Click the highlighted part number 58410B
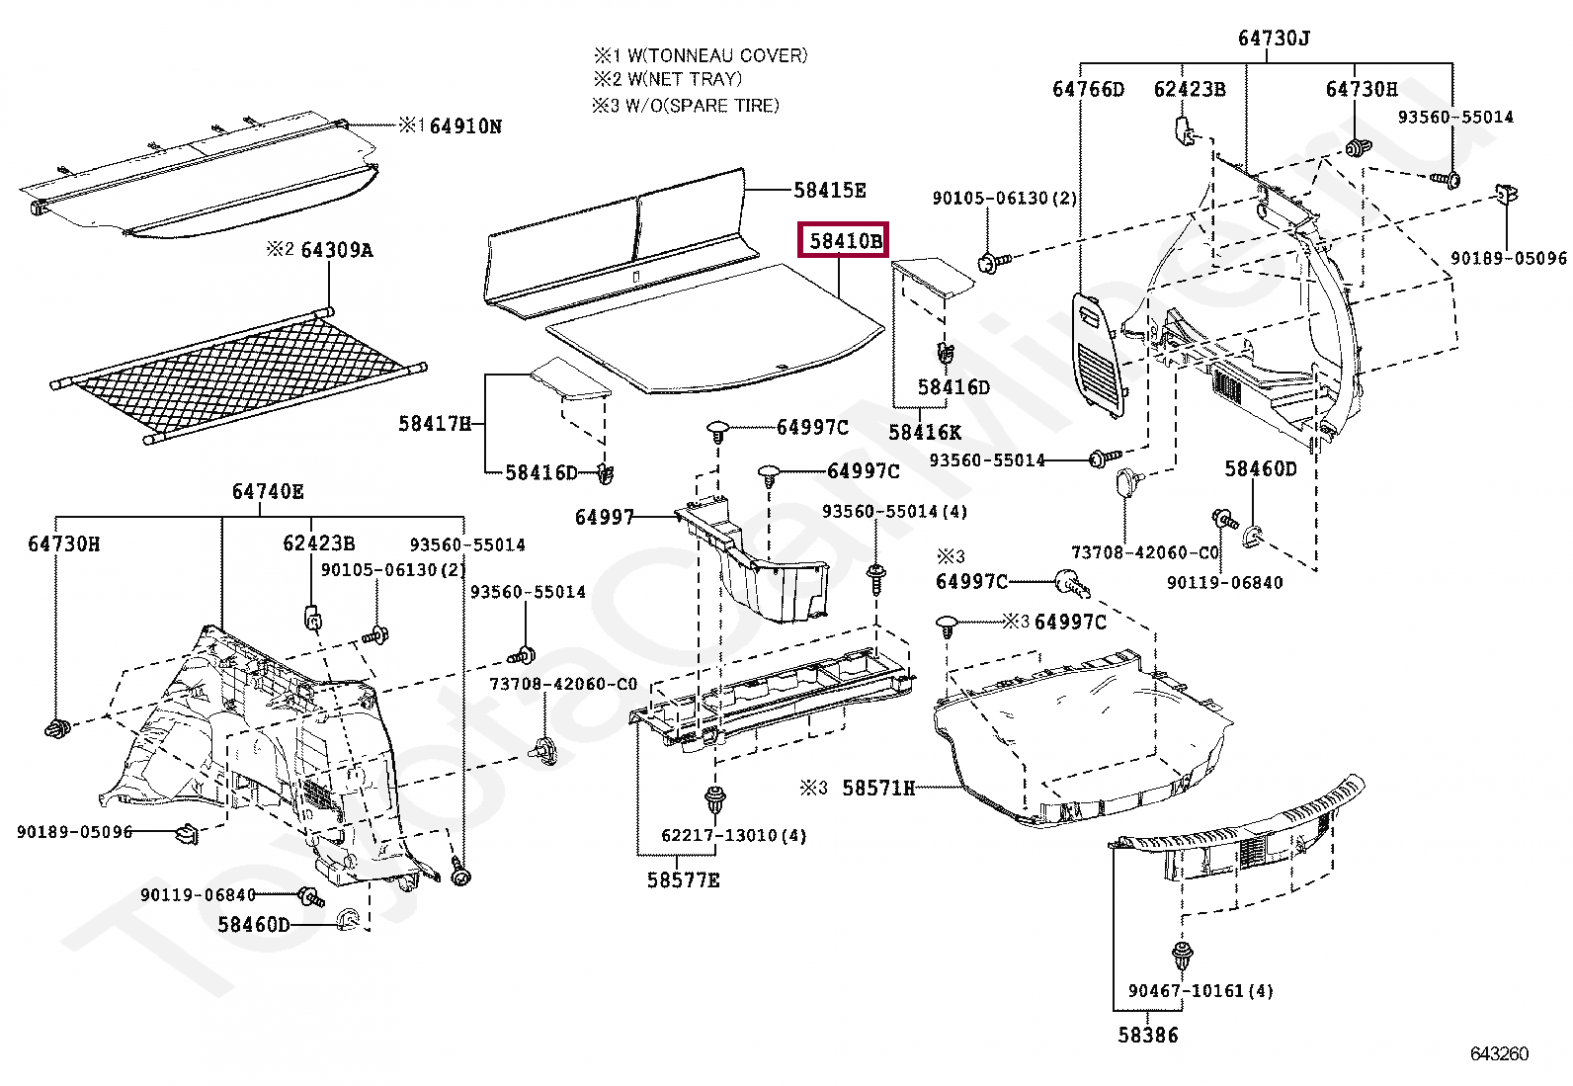pos(844,240)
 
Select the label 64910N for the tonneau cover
pos(464,126)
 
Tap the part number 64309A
pos(336,250)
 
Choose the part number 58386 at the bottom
pos(1148,1036)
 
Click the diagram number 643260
pos(1499,1053)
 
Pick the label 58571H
pos(878,788)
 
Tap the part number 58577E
pos(684,879)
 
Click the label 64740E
pos(268,491)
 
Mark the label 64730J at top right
pos(1274,39)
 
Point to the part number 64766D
pos(1088,89)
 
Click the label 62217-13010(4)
pos(733,836)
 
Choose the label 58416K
pos(925,432)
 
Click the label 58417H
pos(435,423)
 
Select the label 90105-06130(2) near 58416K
pos(1004,199)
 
